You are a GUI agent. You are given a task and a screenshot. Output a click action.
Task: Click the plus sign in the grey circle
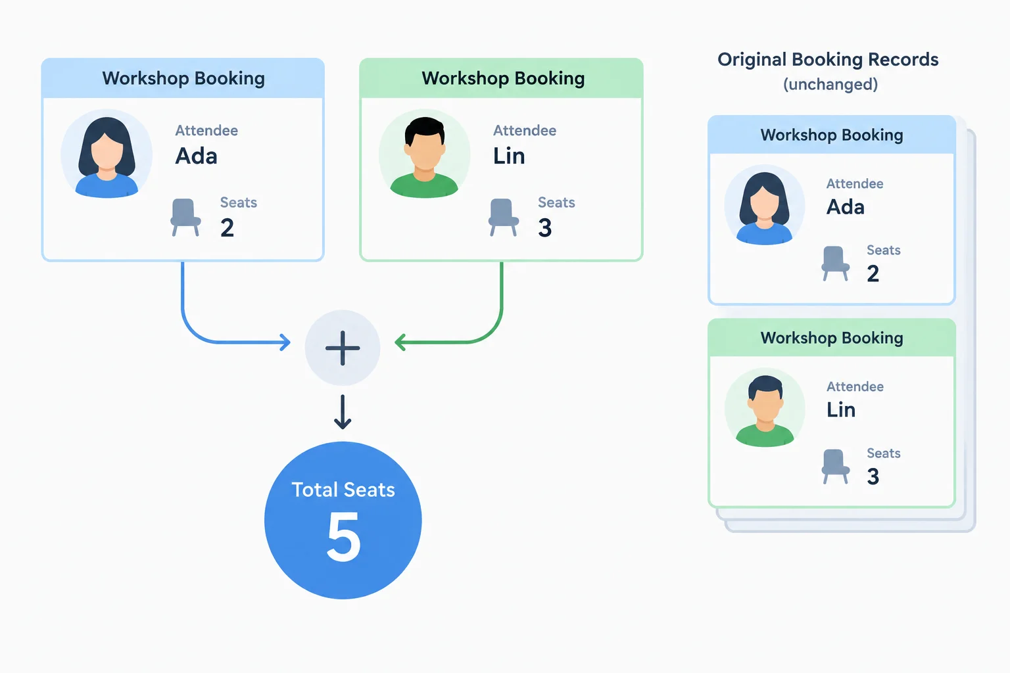343,348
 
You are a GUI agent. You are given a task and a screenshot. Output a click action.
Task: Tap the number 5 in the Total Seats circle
344,537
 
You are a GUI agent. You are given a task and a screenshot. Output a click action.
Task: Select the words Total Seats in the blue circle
343,490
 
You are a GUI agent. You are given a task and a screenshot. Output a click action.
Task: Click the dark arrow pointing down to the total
343,411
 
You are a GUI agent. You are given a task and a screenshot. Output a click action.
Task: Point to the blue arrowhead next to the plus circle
285,342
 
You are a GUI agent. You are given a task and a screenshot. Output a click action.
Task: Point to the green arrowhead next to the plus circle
400,342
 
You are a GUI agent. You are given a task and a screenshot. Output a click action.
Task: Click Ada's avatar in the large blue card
107,154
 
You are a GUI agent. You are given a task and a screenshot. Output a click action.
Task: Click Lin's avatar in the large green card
424,154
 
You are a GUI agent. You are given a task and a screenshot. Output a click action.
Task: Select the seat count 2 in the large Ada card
228,227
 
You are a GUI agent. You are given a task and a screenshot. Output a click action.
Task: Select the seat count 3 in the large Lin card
544,227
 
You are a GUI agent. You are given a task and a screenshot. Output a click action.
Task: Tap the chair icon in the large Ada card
185,218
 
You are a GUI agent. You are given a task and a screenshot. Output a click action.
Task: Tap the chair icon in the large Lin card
503,218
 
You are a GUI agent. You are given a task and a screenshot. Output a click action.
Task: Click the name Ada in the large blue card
196,156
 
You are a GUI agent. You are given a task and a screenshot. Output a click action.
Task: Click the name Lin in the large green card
509,156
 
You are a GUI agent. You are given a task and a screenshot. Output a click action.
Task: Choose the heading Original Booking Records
828,60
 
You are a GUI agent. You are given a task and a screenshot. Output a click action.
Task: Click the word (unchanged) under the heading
830,84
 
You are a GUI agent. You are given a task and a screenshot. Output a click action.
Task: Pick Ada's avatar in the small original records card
765,206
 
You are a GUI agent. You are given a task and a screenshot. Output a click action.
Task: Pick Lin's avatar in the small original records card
765,408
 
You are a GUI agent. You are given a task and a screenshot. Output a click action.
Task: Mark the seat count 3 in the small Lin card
873,476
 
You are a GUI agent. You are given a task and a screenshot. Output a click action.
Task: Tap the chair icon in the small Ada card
835,264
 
